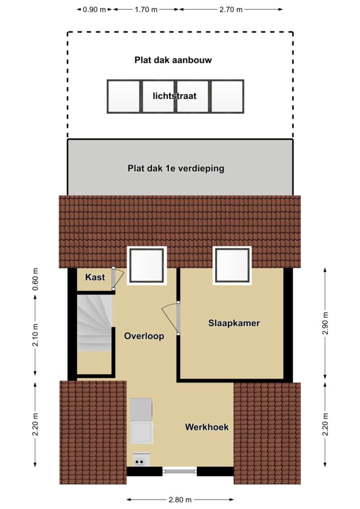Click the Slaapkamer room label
pos(234,323)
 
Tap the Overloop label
pos(144,336)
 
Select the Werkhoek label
pos(207,427)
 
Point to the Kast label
pos(95,277)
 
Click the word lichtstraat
pos(175,96)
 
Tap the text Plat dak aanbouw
pos(173,60)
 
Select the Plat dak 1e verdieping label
pos(176,169)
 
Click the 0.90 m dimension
pos(94,9)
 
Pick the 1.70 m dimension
pos(146,9)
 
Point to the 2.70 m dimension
pos(231,9)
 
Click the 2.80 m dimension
pos(180,499)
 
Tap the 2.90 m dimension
pos(325,323)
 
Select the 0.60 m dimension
pos(35,279)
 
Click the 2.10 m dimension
pos(35,335)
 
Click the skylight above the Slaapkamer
pos(232,265)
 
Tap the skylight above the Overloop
pos(147,265)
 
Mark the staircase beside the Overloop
pos(94,323)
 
